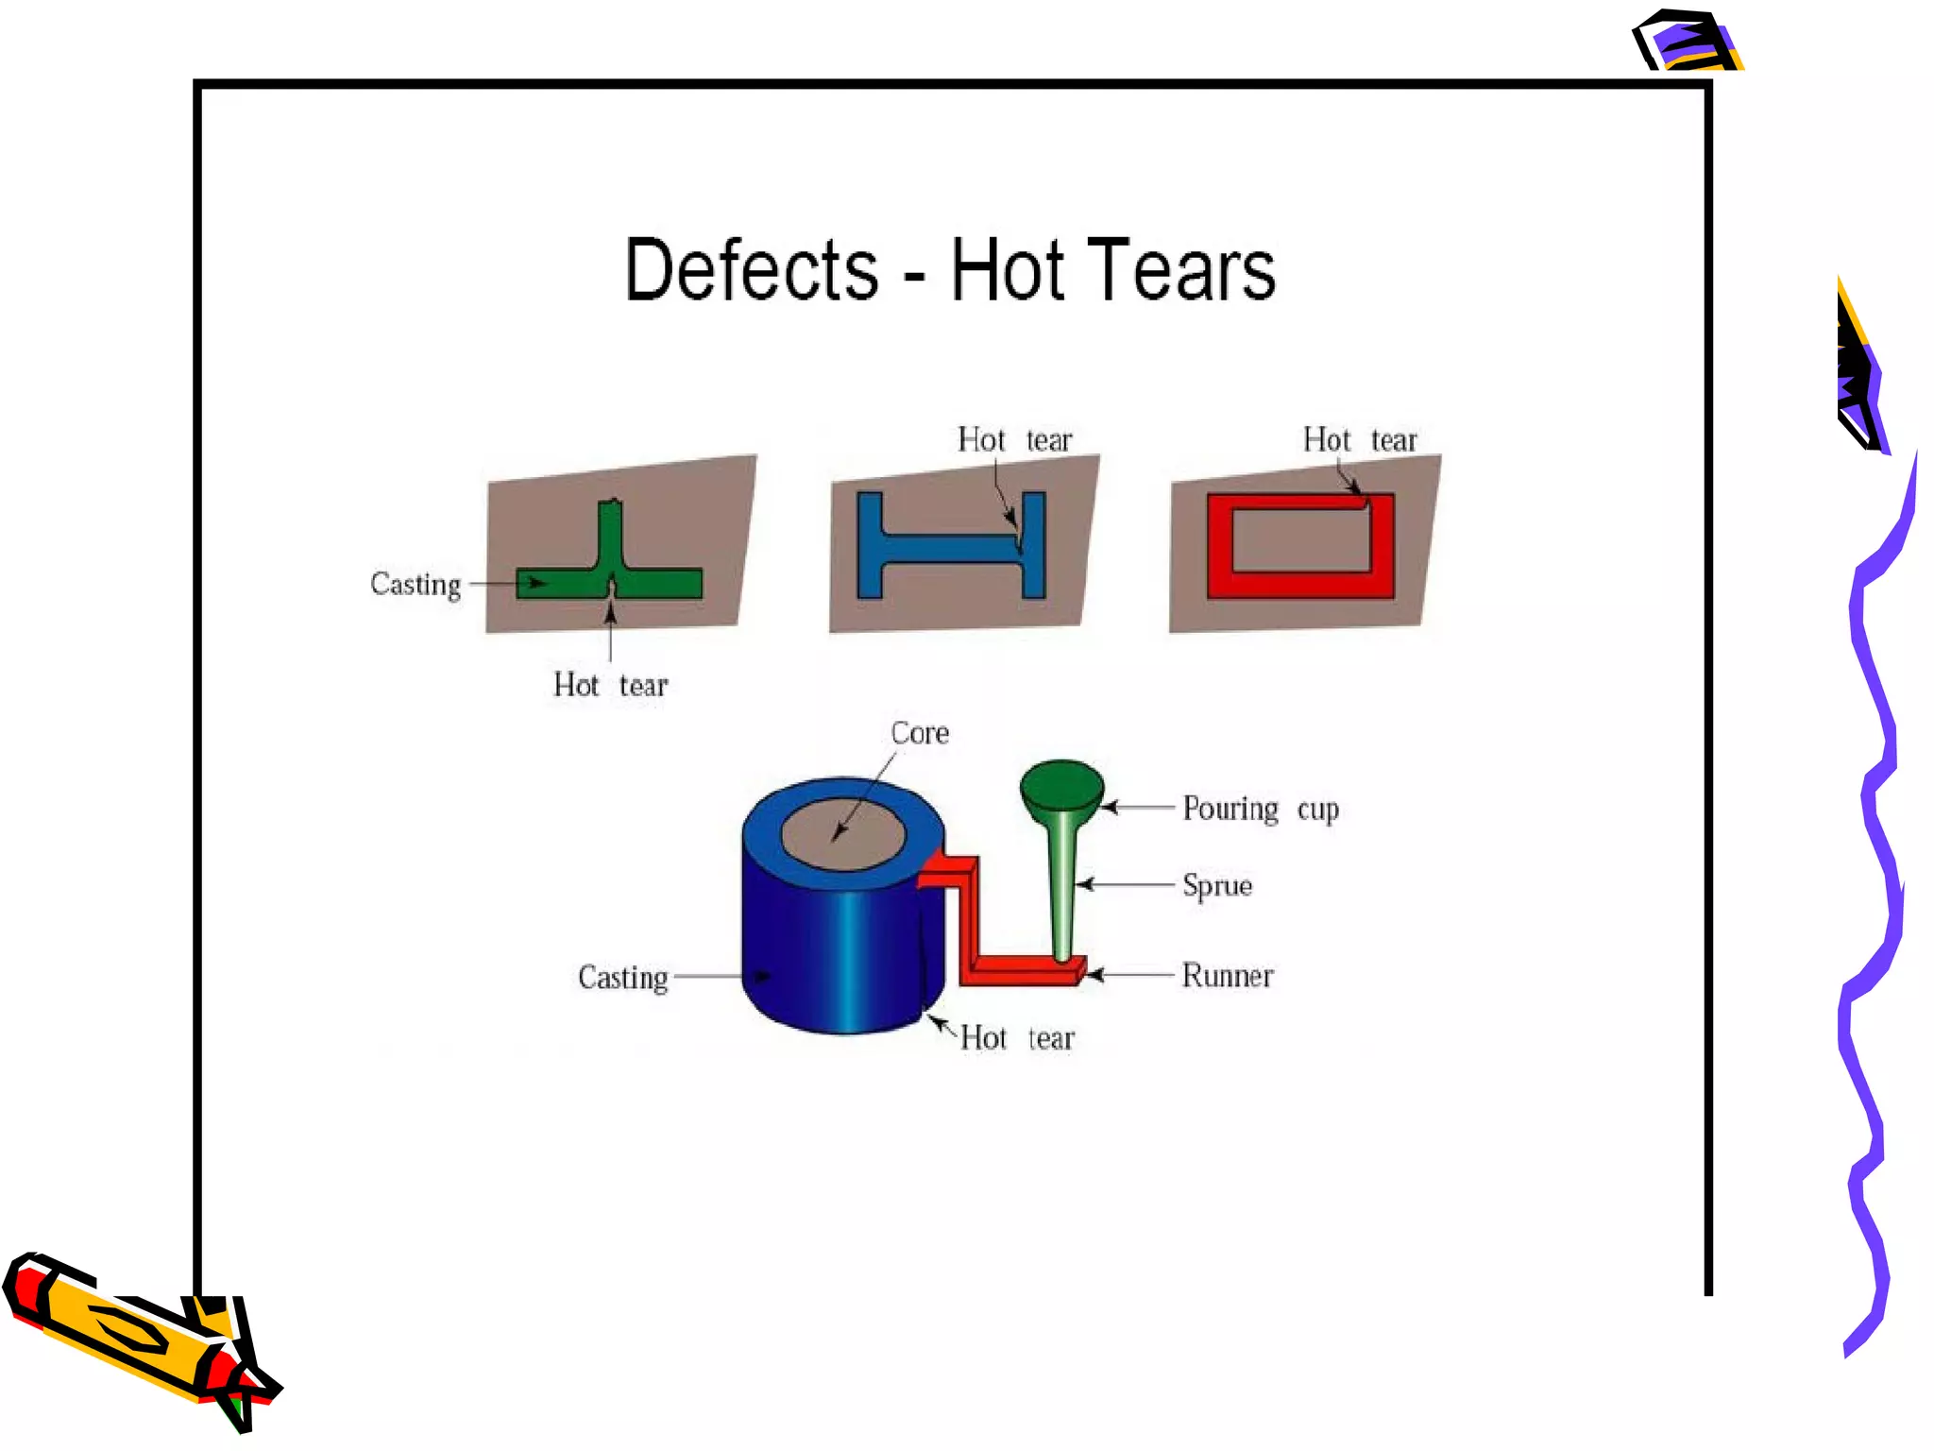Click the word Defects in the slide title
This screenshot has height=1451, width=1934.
[751, 271]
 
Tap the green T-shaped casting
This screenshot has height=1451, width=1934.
[610, 581]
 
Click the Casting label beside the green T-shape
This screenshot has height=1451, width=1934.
[416, 585]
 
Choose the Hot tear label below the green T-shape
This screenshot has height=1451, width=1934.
[610, 685]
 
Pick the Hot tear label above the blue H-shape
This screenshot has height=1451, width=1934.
[1014, 440]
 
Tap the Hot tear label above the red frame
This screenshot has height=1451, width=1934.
[1360, 440]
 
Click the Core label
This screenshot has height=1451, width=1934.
[919, 733]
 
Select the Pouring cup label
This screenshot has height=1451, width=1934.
[1260, 809]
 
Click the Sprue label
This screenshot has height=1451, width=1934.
[1217, 885]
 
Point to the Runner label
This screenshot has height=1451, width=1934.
[1227, 975]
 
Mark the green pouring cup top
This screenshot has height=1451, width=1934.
[1061, 785]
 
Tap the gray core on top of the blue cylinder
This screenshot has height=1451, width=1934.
[843, 833]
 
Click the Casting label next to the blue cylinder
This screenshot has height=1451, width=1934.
[622, 977]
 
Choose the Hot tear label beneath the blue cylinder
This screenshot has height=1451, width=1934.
[1017, 1038]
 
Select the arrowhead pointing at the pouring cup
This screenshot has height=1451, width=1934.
[1110, 808]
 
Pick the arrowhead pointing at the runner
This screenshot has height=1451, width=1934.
[1094, 974]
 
